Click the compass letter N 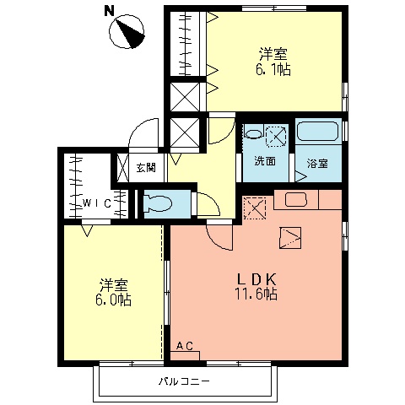pyautogui.click(x=110, y=11)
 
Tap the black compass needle pyautogui.click(x=132, y=34)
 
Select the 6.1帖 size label pyautogui.click(x=273, y=69)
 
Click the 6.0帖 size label pyautogui.click(x=113, y=300)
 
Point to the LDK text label pyautogui.click(x=256, y=279)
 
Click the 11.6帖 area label pyautogui.click(x=256, y=294)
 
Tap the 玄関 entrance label pyautogui.click(x=146, y=168)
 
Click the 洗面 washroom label pyautogui.click(x=265, y=161)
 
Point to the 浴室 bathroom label pyautogui.click(x=317, y=163)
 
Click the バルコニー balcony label pyautogui.click(x=184, y=381)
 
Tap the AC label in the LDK pyautogui.click(x=185, y=346)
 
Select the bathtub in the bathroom pyautogui.click(x=318, y=131)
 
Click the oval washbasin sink pyautogui.click(x=254, y=134)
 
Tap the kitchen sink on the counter pyautogui.click(x=296, y=200)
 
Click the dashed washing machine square pyautogui.click(x=276, y=137)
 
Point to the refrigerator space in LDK pyautogui.click(x=255, y=208)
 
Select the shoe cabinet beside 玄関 pyautogui.click(x=122, y=167)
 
